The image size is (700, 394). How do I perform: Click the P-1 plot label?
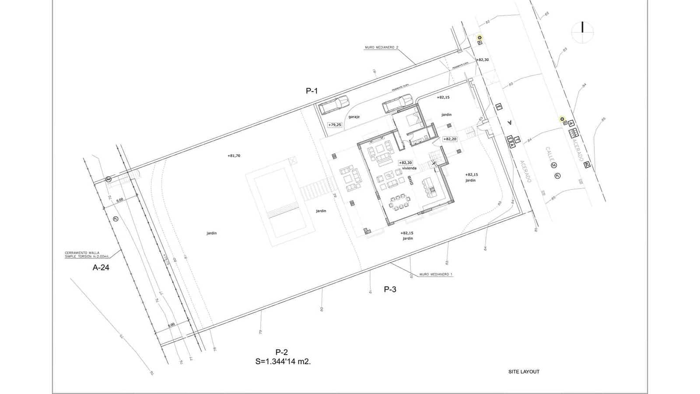[311, 91]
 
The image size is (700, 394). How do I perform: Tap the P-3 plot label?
[390, 289]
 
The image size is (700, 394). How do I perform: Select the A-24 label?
[101, 267]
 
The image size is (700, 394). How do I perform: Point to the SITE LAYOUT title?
[524, 372]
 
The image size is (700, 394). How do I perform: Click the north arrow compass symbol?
[583, 32]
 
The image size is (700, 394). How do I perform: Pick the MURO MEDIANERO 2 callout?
[381, 47]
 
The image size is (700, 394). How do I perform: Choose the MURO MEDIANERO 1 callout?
[436, 274]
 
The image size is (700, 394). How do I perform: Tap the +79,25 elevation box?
[335, 125]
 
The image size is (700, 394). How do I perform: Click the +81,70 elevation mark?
[234, 155]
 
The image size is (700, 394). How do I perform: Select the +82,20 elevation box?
[450, 139]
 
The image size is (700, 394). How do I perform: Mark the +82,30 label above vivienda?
[406, 162]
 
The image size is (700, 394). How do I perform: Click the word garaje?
[354, 117]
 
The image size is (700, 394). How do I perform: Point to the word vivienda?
[409, 168]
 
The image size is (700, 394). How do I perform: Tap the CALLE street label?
[549, 155]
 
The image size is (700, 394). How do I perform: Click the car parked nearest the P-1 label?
[334, 105]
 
